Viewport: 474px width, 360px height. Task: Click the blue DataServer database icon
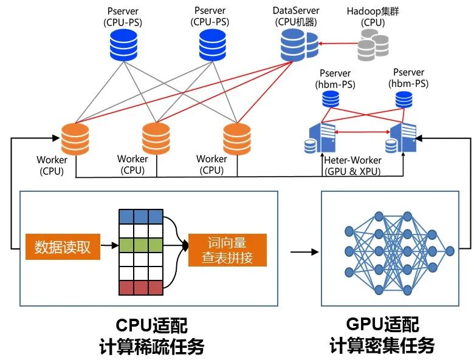click(299, 45)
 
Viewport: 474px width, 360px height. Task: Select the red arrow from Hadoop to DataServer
click(338, 44)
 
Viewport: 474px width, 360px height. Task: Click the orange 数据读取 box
click(63, 246)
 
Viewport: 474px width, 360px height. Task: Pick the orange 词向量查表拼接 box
click(227, 250)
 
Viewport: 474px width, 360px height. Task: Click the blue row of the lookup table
click(141, 217)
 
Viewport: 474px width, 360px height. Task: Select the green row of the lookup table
click(141, 245)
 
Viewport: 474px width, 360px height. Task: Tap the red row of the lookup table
click(141, 288)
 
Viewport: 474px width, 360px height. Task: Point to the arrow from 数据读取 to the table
click(109, 245)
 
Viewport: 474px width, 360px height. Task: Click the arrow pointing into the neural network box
click(304, 251)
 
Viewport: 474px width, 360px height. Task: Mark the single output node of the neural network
click(450, 251)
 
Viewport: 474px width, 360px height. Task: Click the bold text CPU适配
click(152, 325)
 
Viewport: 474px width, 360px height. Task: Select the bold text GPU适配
click(382, 324)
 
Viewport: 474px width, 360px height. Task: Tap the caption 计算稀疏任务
click(152, 347)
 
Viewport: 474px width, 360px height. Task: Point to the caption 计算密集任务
click(382, 345)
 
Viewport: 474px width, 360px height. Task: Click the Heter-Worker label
click(352, 160)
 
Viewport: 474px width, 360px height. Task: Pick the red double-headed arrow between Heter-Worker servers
click(362, 132)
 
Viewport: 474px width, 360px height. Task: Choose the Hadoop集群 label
click(373, 11)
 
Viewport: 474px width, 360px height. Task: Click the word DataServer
click(296, 10)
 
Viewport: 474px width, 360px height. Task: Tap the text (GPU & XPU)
click(352, 171)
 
